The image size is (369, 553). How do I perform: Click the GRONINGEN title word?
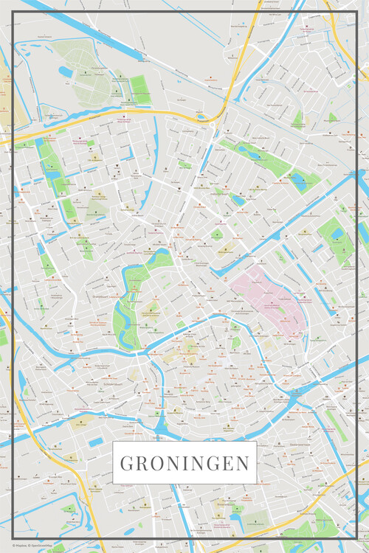tap(184, 464)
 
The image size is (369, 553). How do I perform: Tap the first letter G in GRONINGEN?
tap(126, 464)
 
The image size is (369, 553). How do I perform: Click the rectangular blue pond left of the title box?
tap(96, 442)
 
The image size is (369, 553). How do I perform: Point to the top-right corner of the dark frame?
tap(356, 12)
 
